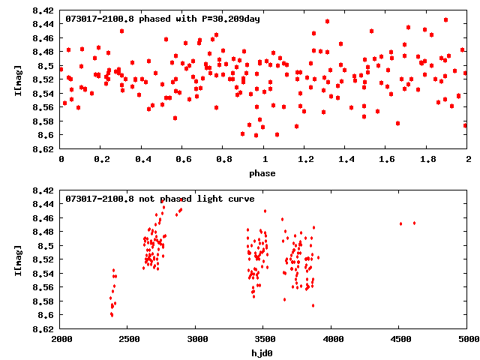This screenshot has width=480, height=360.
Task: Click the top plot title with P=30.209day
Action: (x=163, y=18)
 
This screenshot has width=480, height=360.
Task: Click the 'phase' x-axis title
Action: (x=262, y=173)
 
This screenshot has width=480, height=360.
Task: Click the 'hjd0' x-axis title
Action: (x=262, y=352)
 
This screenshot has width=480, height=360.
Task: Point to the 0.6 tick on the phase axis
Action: (x=183, y=160)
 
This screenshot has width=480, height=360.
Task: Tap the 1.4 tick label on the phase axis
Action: (x=346, y=160)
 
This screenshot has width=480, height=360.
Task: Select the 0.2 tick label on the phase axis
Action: (x=101, y=160)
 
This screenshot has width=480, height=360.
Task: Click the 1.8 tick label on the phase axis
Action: (x=427, y=160)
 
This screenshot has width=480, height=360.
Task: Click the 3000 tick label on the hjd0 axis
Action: (x=196, y=339)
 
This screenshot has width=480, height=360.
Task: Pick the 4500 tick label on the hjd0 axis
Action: (x=400, y=339)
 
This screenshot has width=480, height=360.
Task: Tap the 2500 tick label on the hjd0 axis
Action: (x=128, y=339)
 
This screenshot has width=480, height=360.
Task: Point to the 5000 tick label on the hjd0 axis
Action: (x=466, y=339)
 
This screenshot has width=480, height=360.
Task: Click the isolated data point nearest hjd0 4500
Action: (x=401, y=223)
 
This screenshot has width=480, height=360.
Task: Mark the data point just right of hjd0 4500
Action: (x=414, y=223)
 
